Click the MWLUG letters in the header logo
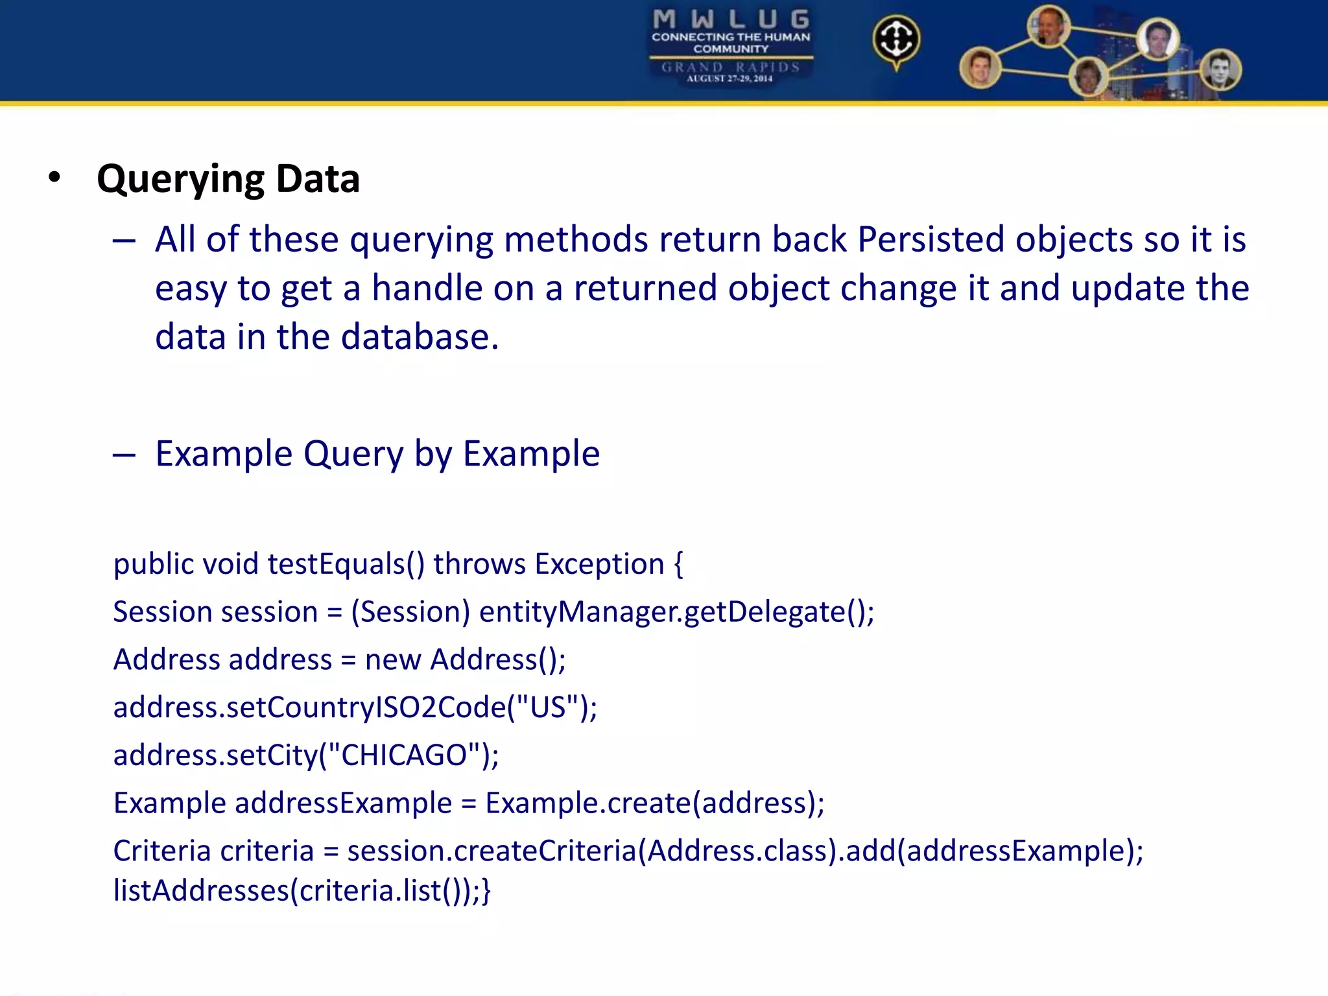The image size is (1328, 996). pos(731,19)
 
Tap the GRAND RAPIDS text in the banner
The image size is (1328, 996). pos(731,67)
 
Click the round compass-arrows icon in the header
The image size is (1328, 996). pos(895,40)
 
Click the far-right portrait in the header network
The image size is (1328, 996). pos(1220,70)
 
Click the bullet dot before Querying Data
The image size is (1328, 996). pos(54,177)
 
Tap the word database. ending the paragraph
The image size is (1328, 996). pos(420,337)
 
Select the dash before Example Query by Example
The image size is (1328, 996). pos(124,455)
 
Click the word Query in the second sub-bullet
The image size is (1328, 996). pos(353,453)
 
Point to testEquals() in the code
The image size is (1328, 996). pos(346,563)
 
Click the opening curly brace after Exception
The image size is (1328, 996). pos(678,563)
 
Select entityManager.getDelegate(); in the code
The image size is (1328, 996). pos(676,612)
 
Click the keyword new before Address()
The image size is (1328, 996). pos(393,660)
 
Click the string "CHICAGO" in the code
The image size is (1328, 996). pos(404,755)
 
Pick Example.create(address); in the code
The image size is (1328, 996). pos(654,803)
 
